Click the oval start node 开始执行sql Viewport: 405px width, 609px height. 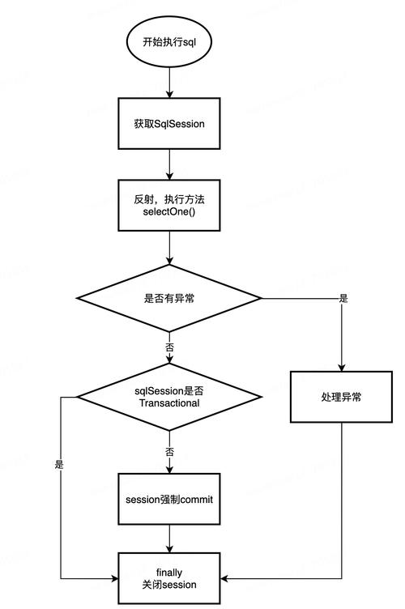click(x=168, y=40)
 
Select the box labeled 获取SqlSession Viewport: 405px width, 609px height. click(x=168, y=125)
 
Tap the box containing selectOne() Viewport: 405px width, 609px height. click(x=168, y=206)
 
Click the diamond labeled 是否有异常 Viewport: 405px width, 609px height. click(x=168, y=298)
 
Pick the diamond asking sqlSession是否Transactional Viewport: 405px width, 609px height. click(x=168, y=397)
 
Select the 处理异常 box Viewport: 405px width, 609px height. click(x=340, y=397)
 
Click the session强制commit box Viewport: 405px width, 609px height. click(x=168, y=500)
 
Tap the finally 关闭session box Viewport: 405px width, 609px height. click(x=168, y=578)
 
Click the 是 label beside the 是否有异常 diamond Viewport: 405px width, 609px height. click(x=343, y=298)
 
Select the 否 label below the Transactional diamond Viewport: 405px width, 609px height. click(x=169, y=451)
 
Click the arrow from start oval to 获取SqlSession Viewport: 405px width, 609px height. click(x=168, y=83)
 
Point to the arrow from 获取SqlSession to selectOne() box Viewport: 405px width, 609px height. click(x=168, y=165)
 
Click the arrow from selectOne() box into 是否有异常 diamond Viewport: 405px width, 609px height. click(x=168, y=248)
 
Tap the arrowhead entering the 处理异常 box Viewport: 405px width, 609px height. click(x=341, y=367)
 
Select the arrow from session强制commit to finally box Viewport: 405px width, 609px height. click(x=168, y=539)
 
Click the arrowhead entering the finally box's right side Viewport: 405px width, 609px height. click(x=224, y=578)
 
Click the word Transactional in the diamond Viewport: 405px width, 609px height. click(x=168, y=402)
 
